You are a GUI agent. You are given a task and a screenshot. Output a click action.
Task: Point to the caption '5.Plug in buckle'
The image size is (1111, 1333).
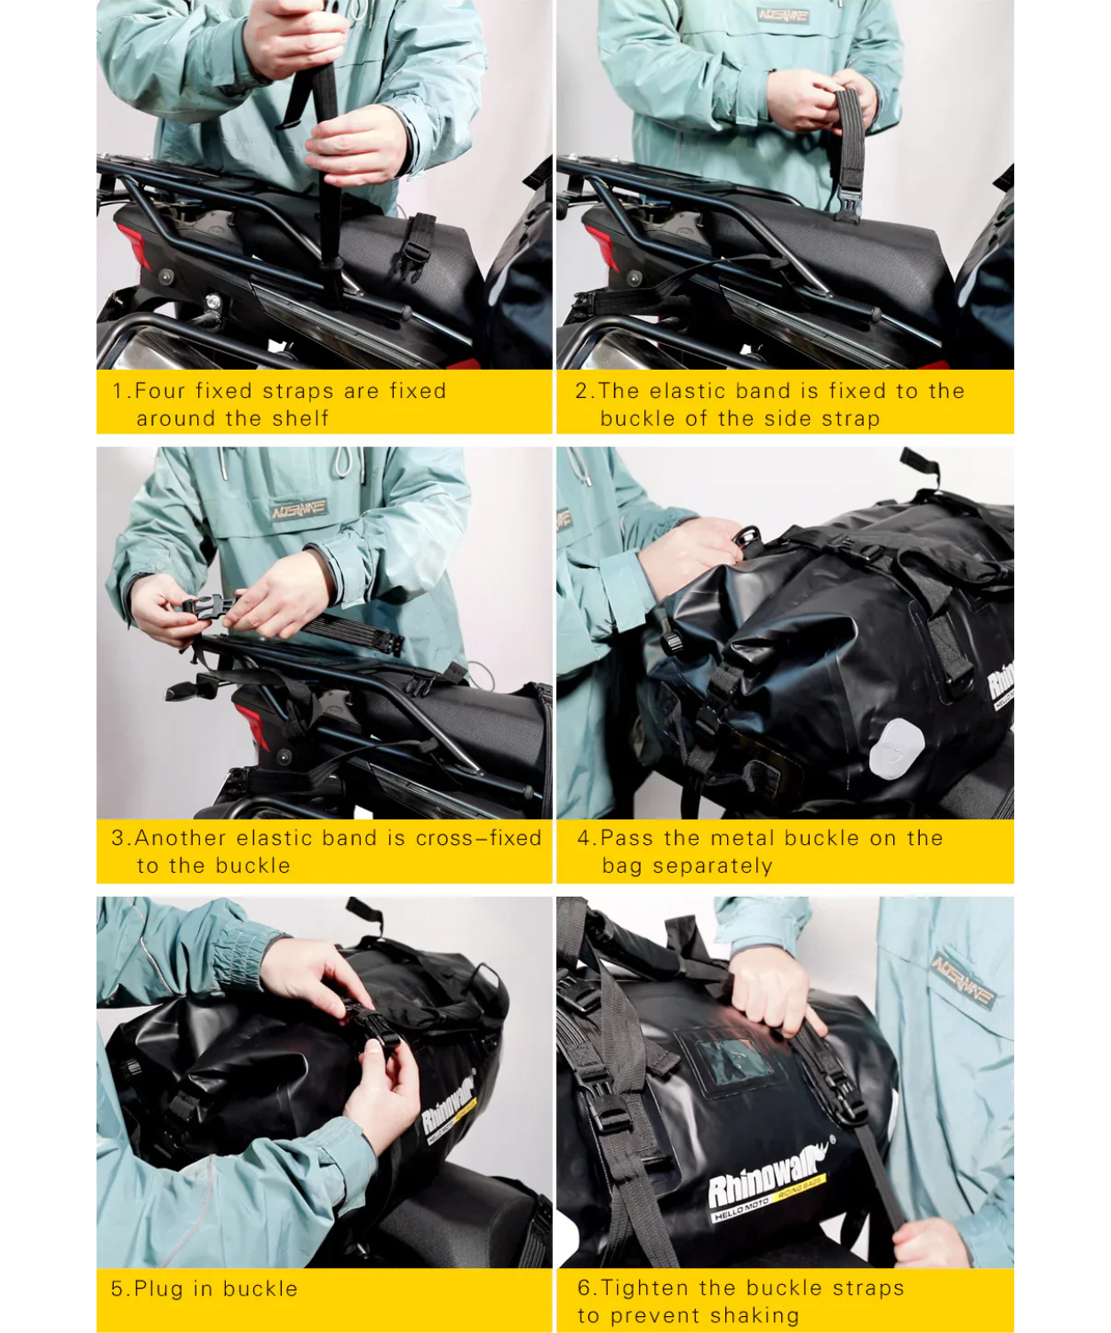204,1289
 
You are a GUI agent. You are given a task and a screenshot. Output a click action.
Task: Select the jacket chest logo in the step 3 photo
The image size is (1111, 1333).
300,509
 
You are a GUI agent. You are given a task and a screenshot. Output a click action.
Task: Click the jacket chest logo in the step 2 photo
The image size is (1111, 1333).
783,15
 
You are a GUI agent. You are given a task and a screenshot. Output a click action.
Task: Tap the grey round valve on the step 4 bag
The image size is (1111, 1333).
896,747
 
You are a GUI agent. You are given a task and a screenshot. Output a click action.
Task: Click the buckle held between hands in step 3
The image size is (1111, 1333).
206,607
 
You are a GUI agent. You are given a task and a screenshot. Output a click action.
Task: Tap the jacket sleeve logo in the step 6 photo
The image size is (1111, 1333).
963,982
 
